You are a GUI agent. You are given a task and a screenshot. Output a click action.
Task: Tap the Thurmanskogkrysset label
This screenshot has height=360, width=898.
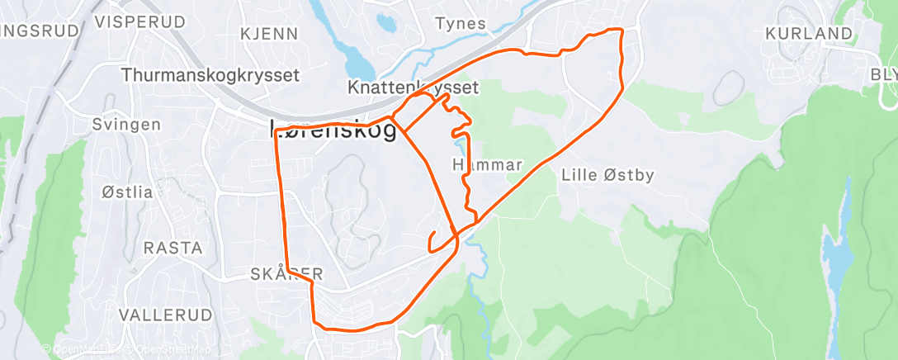pos(210,75)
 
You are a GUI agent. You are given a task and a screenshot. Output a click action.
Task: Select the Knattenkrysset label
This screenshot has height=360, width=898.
pos(414,87)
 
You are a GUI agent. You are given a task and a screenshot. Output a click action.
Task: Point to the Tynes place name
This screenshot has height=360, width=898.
pos(461,24)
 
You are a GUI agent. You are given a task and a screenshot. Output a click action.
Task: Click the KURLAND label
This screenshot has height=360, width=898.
pos(808,34)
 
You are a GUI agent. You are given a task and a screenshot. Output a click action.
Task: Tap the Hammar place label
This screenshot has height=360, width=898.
pos(488,165)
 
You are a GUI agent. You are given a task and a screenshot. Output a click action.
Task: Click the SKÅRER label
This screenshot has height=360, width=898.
pos(286,273)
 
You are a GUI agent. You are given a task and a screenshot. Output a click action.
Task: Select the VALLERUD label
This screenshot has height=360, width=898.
pos(164,315)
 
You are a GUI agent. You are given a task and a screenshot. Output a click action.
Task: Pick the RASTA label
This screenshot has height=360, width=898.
pos(173,248)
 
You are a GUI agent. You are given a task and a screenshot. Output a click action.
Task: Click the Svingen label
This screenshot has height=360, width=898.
pos(126,125)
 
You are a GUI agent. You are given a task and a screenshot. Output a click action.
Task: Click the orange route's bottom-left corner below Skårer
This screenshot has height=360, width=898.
pos(314,323)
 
